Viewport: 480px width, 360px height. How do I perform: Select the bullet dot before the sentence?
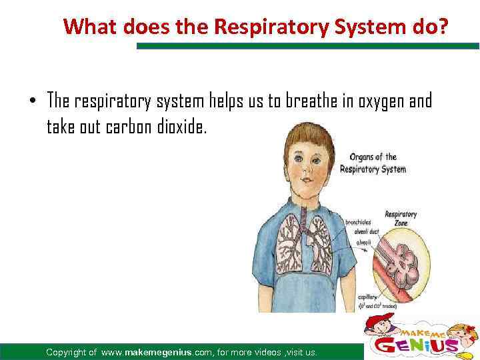[x=32, y=102]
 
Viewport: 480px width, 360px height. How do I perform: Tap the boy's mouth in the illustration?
[x=307, y=181]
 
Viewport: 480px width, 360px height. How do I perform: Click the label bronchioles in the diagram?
[x=359, y=222]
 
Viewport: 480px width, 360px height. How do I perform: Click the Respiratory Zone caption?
[x=401, y=219]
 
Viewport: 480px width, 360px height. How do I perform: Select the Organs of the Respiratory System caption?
[x=373, y=163]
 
